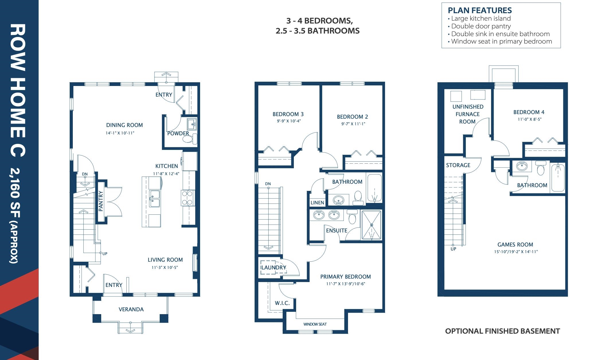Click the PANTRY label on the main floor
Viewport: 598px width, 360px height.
click(x=101, y=201)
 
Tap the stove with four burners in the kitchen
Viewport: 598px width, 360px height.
click(x=187, y=198)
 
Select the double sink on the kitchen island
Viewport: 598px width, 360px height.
click(x=154, y=198)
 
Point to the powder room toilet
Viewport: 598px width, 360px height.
click(x=188, y=140)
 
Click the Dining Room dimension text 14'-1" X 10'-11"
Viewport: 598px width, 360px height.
click(x=120, y=133)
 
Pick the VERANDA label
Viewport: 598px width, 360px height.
click(x=131, y=309)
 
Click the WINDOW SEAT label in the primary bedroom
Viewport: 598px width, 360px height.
click(x=315, y=324)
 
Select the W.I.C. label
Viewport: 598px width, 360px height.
click(x=282, y=303)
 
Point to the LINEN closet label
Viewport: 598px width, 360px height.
click(x=317, y=203)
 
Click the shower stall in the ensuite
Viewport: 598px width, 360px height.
click(x=371, y=225)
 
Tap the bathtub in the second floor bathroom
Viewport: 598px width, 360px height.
click(x=374, y=188)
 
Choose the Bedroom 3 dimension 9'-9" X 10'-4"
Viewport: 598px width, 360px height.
click(x=288, y=121)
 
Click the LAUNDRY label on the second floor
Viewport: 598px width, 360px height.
click(x=274, y=267)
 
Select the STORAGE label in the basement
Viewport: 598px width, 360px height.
click(x=458, y=165)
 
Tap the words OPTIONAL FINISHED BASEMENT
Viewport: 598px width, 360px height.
click(x=502, y=331)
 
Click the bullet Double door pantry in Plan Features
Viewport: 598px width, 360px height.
click(x=481, y=26)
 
